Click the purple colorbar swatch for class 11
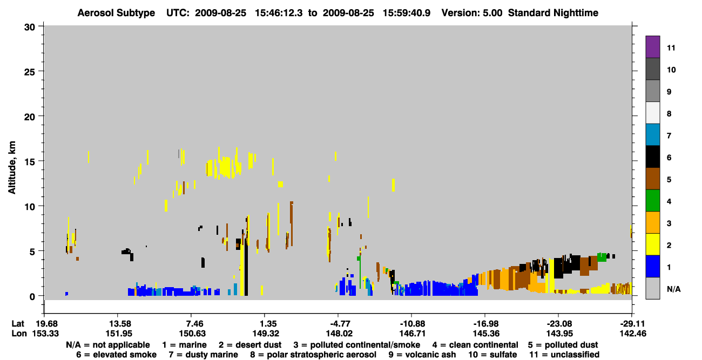(x=652, y=46)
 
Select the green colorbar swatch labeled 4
(x=652, y=201)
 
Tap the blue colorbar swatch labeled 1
(x=652, y=266)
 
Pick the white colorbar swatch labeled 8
(x=652, y=113)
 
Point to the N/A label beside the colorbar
(x=673, y=289)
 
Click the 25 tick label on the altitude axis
(x=30, y=72)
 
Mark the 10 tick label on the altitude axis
(x=30, y=207)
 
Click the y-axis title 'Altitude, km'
(x=11, y=168)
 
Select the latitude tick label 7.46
(x=192, y=323)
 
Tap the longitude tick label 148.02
(x=339, y=334)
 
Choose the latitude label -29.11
(x=632, y=323)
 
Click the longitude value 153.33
(x=45, y=334)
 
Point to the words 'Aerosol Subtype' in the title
(x=116, y=13)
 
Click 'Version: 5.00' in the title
(x=471, y=13)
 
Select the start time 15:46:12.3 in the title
(x=279, y=13)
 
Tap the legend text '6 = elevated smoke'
(x=116, y=355)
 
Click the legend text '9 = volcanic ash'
(x=422, y=355)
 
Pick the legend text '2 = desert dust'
(x=250, y=345)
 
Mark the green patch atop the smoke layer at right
(x=602, y=257)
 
